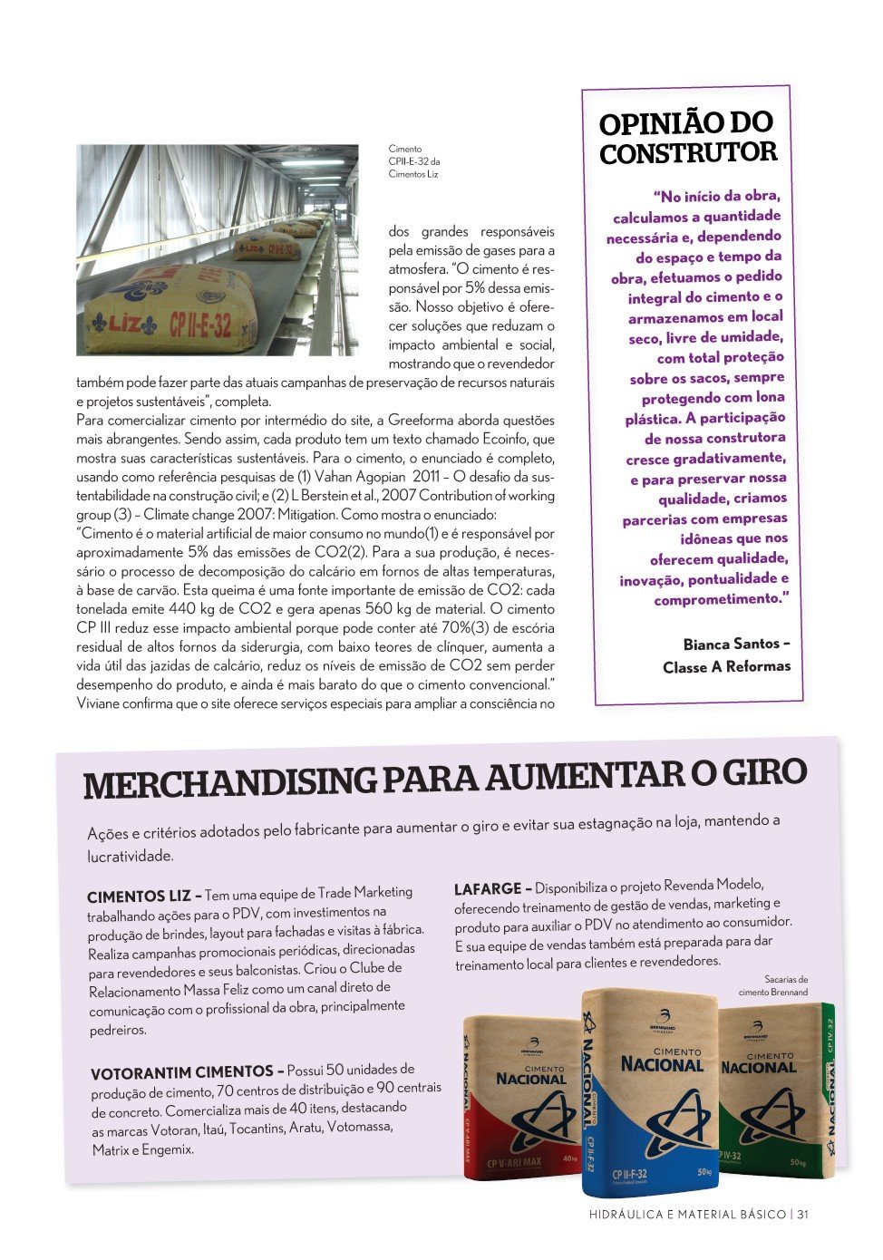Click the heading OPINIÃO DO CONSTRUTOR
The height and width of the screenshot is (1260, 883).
pyautogui.click(x=687, y=137)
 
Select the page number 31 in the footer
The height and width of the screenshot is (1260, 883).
pyautogui.click(x=803, y=1215)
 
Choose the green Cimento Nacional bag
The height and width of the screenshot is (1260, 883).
pyautogui.click(x=775, y=1088)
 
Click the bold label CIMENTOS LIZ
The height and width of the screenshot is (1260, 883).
pyautogui.click(x=139, y=897)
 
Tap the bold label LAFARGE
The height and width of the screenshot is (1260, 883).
pyautogui.click(x=488, y=889)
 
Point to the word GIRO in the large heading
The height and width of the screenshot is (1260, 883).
pyautogui.click(x=763, y=773)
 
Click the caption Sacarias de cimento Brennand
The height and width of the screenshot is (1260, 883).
pyautogui.click(x=772, y=985)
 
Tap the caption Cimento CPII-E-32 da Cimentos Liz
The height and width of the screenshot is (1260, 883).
pyautogui.click(x=412, y=161)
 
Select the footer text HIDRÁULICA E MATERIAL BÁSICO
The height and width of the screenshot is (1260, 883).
pyautogui.click(x=687, y=1215)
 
